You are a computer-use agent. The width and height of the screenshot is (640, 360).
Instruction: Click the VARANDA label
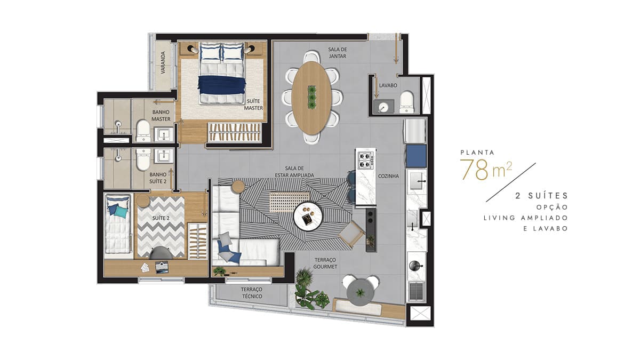(x=163, y=62)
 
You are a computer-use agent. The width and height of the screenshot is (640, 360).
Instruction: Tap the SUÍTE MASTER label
(x=253, y=105)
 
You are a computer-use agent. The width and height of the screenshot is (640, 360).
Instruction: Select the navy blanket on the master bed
(x=222, y=85)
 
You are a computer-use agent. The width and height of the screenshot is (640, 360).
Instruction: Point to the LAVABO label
(x=388, y=85)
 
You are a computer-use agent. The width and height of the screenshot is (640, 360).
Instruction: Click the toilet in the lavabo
(x=406, y=102)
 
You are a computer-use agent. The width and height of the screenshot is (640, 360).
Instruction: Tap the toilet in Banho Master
(x=143, y=131)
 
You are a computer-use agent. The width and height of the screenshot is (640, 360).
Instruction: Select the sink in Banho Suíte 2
(x=164, y=156)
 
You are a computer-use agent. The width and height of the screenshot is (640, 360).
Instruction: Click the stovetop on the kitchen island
(x=366, y=161)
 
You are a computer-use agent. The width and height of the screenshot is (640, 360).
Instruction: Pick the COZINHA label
(x=388, y=177)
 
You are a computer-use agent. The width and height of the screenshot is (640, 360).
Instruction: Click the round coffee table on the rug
(x=308, y=217)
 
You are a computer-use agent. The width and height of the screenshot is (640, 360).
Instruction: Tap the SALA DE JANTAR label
(x=338, y=53)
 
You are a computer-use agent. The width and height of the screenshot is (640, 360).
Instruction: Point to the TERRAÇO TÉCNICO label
(x=252, y=293)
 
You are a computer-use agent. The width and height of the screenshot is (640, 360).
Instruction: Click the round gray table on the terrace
(x=361, y=293)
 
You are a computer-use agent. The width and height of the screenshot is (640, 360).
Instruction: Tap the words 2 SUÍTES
(x=542, y=196)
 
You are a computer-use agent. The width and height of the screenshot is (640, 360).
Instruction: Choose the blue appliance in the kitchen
(x=416, y=156)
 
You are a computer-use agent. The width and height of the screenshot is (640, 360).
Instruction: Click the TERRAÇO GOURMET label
(x=325, y=263)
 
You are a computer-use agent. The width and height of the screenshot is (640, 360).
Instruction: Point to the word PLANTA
(x=477, y=153)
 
